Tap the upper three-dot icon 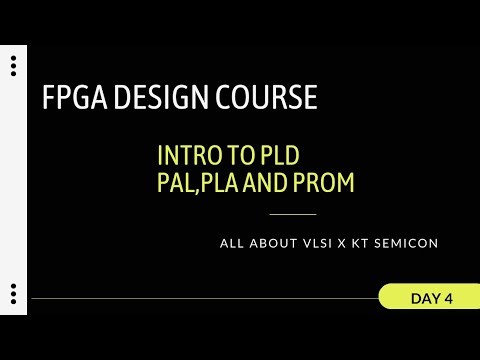[x=13, y=67]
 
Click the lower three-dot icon [x=13, y=295]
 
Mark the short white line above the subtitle [x=293, y=214]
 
